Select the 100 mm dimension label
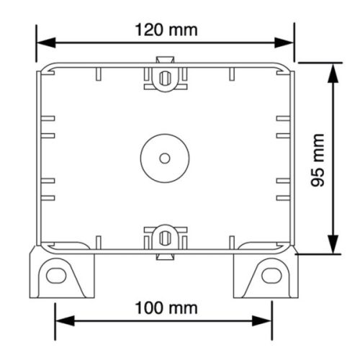tap(166, 308)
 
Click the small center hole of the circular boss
tap(164, 156)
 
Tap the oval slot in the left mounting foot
tap(55, 274)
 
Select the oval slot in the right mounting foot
tap(272, 274)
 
